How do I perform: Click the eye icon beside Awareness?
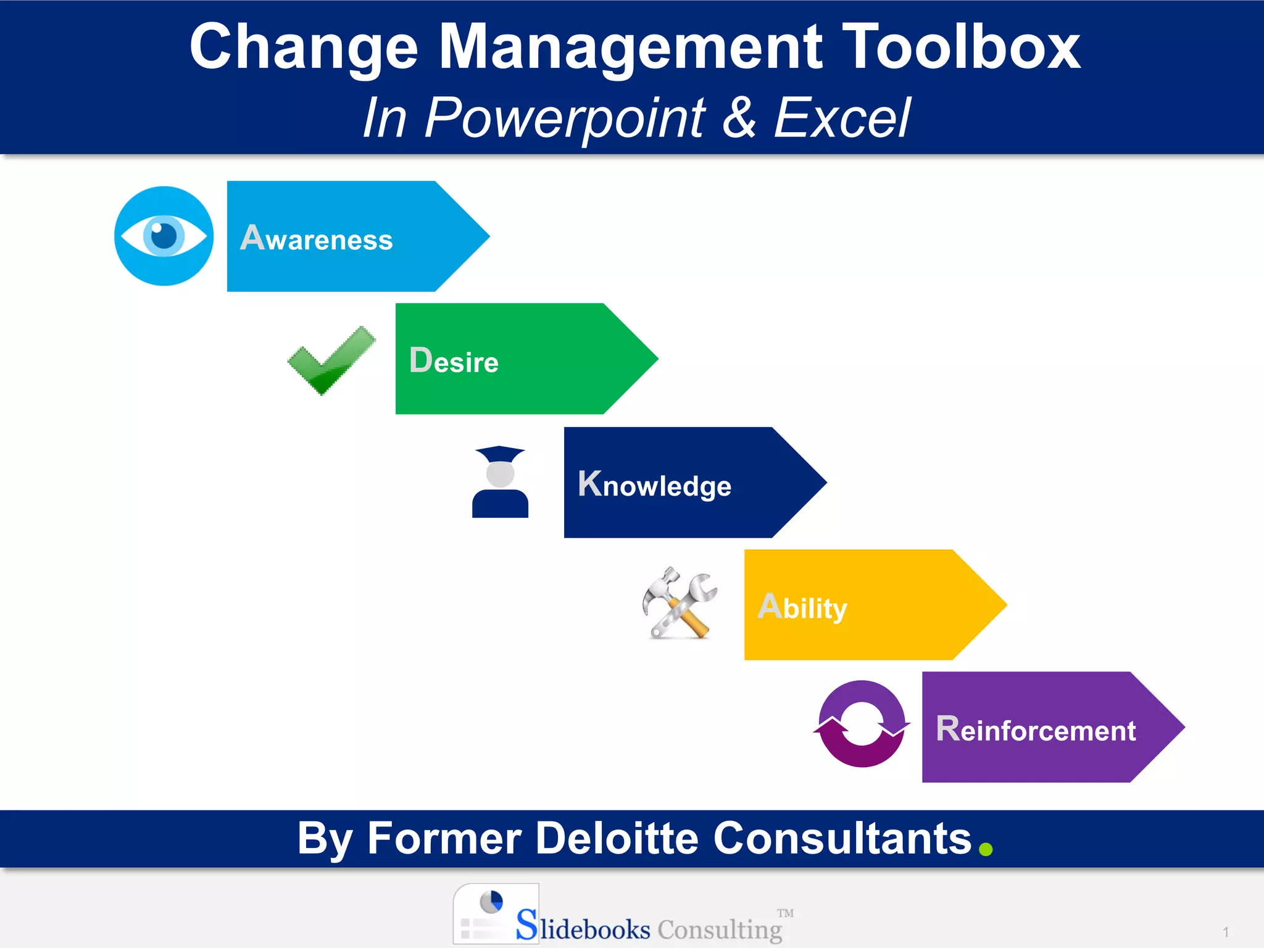164,236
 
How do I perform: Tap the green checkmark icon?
331,360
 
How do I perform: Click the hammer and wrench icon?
679,604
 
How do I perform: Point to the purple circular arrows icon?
862,725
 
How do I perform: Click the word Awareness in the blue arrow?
317,239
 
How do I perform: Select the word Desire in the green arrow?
454,361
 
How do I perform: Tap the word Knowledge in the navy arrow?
654,485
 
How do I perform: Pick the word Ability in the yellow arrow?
802,608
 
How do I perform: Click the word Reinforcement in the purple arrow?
1036,730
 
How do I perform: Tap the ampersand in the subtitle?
739,117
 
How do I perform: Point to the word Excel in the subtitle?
842,117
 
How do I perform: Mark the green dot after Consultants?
986,850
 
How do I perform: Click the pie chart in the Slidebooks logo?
491,901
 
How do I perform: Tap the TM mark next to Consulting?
785,913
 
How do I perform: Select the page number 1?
1226,932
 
